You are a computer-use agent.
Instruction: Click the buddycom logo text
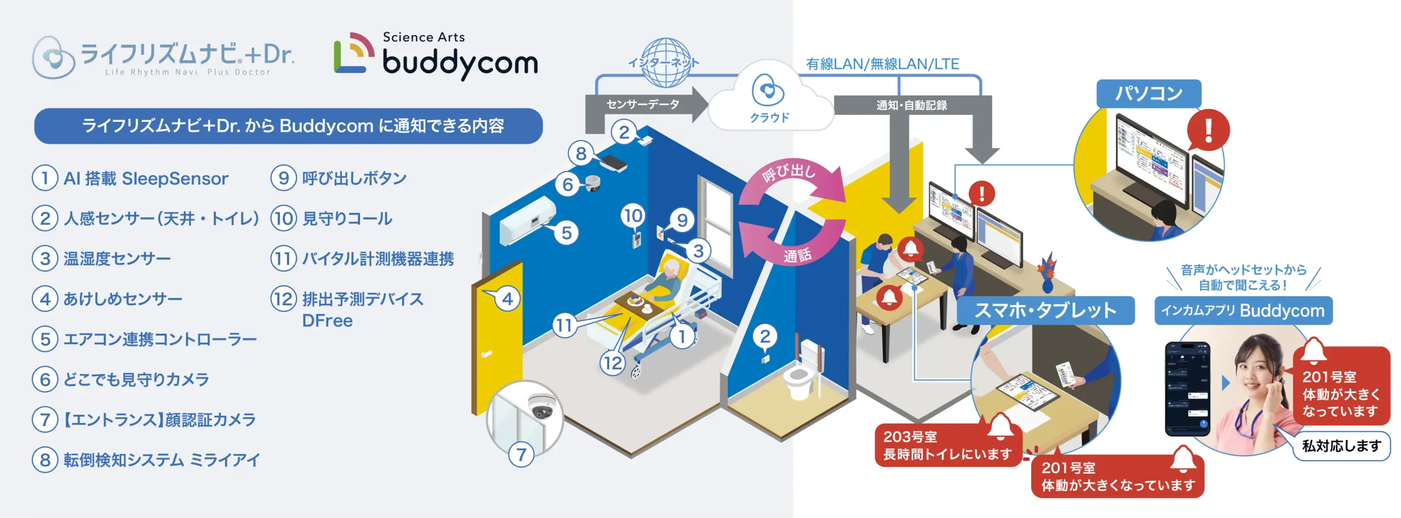point(460,63)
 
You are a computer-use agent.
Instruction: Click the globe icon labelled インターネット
point(665,62)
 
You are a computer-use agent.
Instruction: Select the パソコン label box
point(1148,94)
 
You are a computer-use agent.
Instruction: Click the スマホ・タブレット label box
point(1045,310)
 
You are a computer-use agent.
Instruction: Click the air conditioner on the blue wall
point(526,222)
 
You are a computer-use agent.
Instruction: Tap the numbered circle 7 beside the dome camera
point(521,454)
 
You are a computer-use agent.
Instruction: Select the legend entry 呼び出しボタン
point(354,178)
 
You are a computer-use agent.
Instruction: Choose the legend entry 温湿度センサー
point(117,259)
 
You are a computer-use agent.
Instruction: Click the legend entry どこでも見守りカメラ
point(136,380)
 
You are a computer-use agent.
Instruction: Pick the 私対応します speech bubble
point(1340,446)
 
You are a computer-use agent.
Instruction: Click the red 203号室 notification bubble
point(947,445)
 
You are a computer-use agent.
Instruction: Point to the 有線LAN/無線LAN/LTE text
point(882,64)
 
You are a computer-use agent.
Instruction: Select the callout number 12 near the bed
point(613,363)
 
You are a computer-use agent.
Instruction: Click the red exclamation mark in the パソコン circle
point(1208,130)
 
